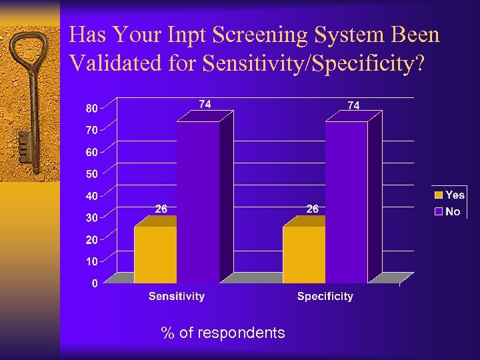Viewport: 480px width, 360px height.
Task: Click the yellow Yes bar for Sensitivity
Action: [x=155, y=255]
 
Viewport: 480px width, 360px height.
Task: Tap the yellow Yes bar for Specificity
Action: [x=303, y=255]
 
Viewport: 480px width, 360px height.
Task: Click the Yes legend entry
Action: [x=449, y=195]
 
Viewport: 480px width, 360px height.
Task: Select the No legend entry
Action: [x=447, y=211]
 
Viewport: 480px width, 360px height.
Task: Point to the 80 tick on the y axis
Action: [x=91, y=107]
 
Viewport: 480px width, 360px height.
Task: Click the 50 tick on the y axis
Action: [x=91, y=173]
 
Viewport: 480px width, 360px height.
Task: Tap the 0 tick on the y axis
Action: [x=94, y=283]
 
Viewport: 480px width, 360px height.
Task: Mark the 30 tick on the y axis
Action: [x=91, y=217]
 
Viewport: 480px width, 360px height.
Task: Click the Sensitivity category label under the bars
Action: [x=176, y=296]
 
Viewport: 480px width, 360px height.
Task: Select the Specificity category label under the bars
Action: [x=325, y=296]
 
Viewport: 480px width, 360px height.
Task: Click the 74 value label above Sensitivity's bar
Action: [x=205, y=104]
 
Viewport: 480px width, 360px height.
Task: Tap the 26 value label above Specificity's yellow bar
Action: [x=312, y=209]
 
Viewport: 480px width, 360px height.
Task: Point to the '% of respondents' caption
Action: [x=223, y=333]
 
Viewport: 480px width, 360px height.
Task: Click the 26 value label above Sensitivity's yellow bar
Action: [x=161, y=209]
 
